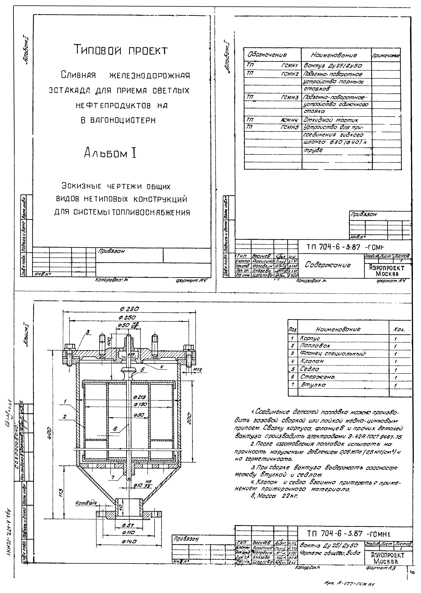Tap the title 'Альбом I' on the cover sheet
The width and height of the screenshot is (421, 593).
tap(110, 153)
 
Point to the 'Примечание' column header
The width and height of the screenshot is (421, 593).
tap(386, 55)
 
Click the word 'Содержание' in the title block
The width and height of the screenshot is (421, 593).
tap(328, 265)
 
